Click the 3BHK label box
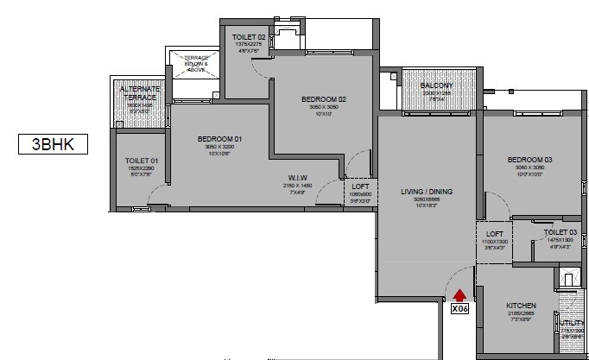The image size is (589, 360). (54, 144)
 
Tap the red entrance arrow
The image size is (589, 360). (459, 295)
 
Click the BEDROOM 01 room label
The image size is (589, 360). (219, 139)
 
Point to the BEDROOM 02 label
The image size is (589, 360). (324, 99)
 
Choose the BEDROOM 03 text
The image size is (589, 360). (529, 160)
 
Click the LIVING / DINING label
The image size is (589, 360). (427, 192)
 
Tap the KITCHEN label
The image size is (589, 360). (522, 306)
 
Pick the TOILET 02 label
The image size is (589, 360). (249, 36)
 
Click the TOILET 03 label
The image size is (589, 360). (560, 232)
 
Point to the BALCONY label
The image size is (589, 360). (437, 85)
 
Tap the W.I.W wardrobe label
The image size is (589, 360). (295, 179)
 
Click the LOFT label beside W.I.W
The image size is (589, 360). (361, 186)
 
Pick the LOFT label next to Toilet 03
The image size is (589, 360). (494, 233)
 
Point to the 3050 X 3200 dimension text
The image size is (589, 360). (219, 148)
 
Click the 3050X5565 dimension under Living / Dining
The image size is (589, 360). (427, 199)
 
